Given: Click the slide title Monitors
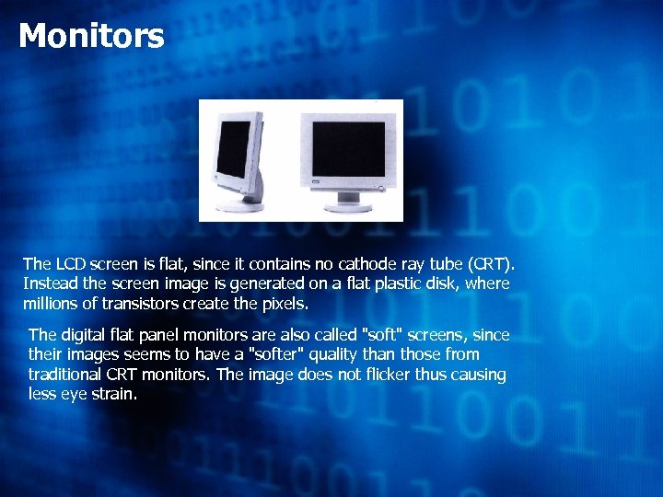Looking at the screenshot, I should tap(91, 37).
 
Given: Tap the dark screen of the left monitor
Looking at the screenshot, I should tap(236, 148).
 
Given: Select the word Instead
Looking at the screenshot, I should tap(51, 283).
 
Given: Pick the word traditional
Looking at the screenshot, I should tap(68, 375).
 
